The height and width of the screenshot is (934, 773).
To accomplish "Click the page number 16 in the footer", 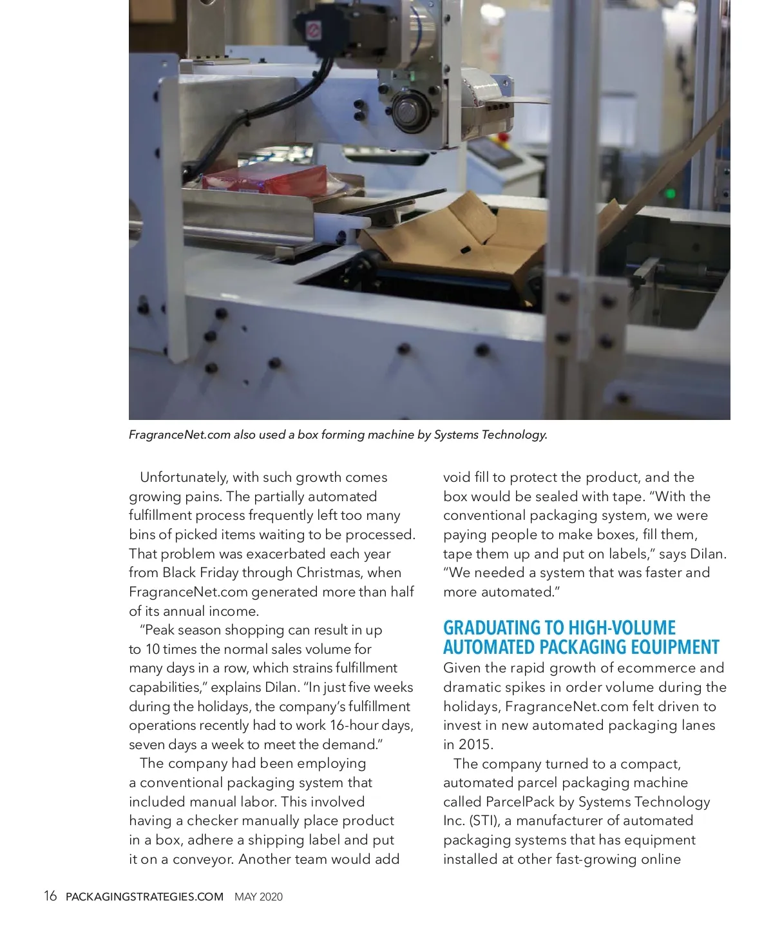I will pyautogui.click(x=50, y=896).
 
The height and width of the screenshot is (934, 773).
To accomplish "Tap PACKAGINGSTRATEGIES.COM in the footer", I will pyautogui.click(x=144, y=897).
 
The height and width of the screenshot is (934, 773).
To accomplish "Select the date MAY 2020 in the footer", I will pyautogui.click(x=258, y=897).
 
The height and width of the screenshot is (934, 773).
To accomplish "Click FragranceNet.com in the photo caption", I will pyautogui.click(x=179, y=435).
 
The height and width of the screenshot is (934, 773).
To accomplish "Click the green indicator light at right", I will pyautogui.click(x=671, y=193).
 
